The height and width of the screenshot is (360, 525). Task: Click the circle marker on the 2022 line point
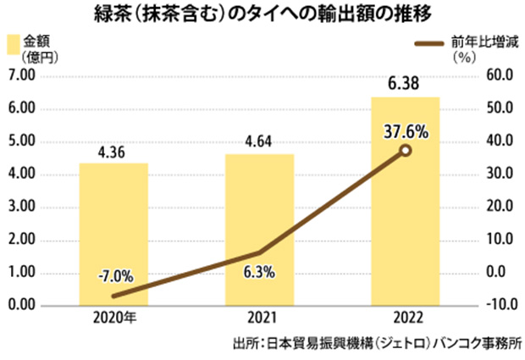pos(405,150)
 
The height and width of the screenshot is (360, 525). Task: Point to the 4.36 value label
pos(113,153)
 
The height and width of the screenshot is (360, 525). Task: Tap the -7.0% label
pos(113,276)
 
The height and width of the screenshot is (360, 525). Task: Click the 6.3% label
pos(259,272)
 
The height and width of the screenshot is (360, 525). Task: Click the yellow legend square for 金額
pos(14,44)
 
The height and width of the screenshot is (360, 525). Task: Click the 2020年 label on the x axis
pos(113,322)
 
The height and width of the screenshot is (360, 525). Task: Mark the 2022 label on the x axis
pos(405,322)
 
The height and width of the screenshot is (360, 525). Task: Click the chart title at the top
pos(262,15)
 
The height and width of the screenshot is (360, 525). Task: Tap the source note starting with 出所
pos(376,345)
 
